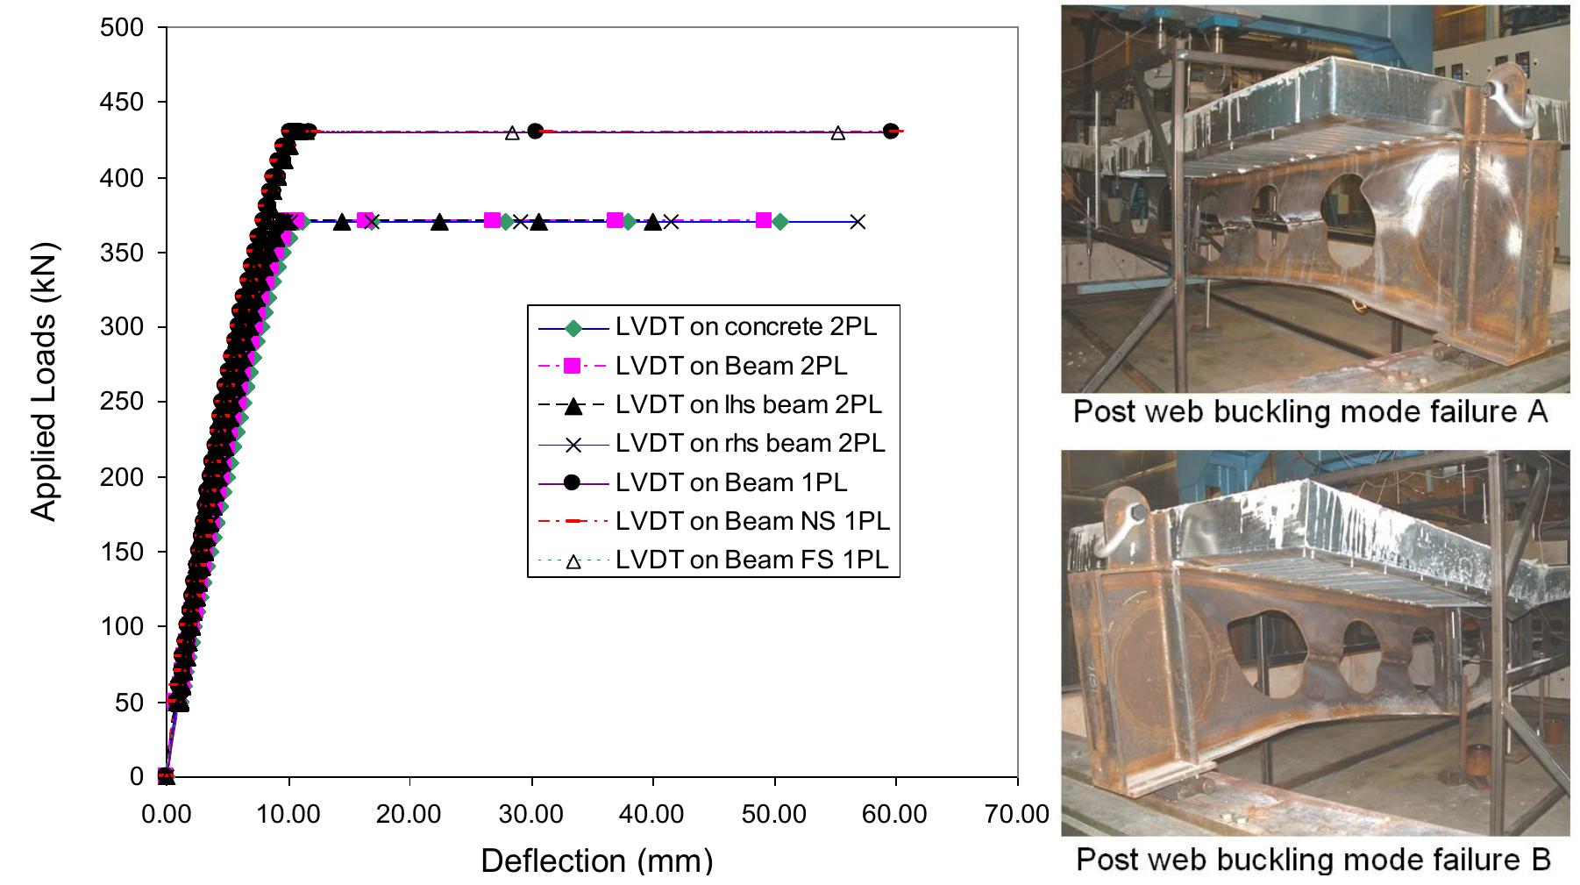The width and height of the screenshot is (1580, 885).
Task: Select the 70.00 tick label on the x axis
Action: tap(1017, 814)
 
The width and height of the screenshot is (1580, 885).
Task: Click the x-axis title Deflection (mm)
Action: tap(596, 860)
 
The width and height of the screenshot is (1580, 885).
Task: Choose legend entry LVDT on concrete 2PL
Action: tap(745, 327)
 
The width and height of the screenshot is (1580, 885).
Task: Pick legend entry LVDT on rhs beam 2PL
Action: tap(750, 443)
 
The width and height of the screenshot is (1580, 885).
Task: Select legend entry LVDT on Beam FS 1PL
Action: tap(751, 560)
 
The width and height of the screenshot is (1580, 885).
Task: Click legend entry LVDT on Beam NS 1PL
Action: tap(752, 521)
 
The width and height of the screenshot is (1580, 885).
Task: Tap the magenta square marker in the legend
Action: tap(573, 366)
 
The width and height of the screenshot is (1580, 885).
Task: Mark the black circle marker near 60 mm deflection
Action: tap(891, 131)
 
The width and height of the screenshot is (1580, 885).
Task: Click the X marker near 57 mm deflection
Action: tap(858, 222)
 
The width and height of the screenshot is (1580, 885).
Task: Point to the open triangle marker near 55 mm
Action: tap(837, 133)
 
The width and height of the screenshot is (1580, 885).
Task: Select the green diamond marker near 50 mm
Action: tap(780, 222)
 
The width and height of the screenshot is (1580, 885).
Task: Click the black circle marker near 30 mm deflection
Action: tap(536, 131)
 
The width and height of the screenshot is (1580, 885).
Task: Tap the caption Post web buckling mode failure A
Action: tap(1310, 411)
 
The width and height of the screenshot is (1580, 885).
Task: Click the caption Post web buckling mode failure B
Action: tap(1313, 859)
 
